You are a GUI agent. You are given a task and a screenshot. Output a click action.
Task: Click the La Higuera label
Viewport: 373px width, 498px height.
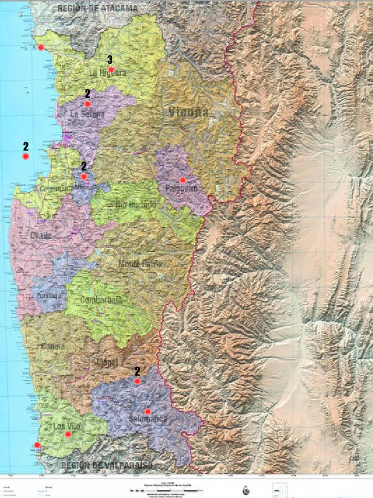[x=107, y=73]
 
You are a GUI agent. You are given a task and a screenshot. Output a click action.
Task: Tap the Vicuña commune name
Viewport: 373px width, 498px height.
[x=188, y=112]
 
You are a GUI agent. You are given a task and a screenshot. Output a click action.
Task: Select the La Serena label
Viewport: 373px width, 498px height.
[x=87, y=115]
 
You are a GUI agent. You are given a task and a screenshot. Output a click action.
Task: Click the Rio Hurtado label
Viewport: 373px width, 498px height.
[x=136, y=205]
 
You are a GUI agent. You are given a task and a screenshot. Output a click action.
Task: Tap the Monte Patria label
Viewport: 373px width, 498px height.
[x=140, y=264]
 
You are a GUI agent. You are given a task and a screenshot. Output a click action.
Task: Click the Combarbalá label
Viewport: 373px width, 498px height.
[x=102, y=300]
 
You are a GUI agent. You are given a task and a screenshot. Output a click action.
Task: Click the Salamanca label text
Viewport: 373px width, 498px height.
[x=148, y=419]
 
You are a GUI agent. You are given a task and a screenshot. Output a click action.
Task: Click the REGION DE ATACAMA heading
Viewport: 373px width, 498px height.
[x=97, y=8]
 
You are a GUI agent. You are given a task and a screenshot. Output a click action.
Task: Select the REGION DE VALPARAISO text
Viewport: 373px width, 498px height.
[x=107, y=465]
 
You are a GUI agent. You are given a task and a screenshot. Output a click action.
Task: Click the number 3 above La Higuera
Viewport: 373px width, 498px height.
[x=110, y=60]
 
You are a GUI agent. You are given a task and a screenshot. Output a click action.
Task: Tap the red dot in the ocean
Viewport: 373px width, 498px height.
[x=25, y=157]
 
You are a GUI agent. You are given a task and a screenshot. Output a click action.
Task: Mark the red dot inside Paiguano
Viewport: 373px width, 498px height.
[x=183, y=180]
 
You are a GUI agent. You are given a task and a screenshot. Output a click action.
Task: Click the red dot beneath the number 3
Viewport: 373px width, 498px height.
[x=111, y=70]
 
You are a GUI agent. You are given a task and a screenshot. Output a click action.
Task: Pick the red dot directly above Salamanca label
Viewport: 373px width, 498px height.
[x=147, y=411]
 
